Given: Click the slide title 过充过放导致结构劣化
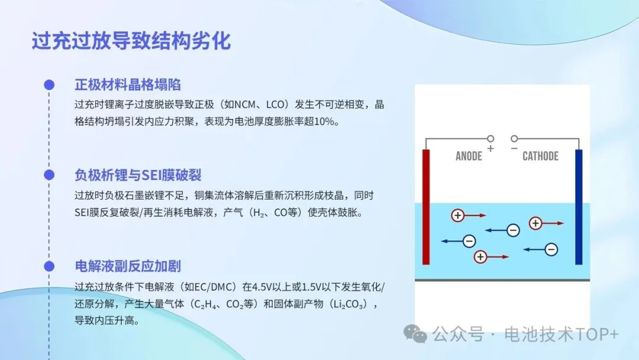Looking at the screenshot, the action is pyautogui.click(x=131, y=41).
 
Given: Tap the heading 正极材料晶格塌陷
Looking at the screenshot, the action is pyautogui.click(x=128, y=85).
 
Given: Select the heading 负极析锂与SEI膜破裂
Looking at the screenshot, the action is pyautogui.click(x=138, y=175).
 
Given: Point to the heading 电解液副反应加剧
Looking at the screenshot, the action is pyautogui.click(x=128, y=266).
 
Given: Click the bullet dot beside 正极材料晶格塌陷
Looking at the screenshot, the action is pyautogui.click(x=49, y=85).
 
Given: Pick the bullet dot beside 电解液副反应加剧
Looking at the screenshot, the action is pyautogui.click(x=49, y=266).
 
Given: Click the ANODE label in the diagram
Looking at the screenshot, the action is pyautogui.click(x=469, y=156).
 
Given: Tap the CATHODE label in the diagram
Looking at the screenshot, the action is pyautogui.click(x=540, y=156).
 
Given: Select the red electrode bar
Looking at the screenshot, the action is pyautogui.click(x=426, y=207).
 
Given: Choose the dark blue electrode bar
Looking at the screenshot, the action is pyautogui.click(x=579, y=207).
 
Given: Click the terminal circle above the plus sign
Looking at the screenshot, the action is pyautogui.click(x=490, y=139).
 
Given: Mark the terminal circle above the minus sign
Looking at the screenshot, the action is pyautogui.click(x=514, y=139).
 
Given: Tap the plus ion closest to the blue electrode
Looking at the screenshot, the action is pyautogui.click(x=535, y=223).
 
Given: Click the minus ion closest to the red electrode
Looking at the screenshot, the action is pyautogui.click(x=469, y=241).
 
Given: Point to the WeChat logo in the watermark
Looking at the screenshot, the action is pyautogui.click(x=415, y=333).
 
